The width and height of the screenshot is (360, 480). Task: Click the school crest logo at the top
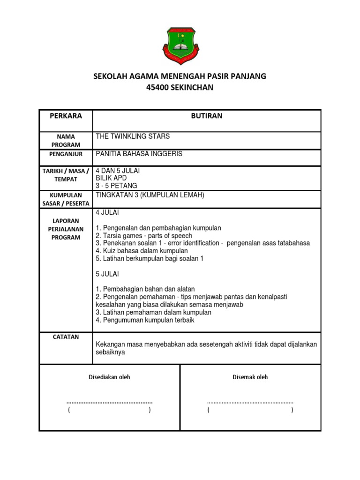point(180,46)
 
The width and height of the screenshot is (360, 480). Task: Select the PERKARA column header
point(66,116)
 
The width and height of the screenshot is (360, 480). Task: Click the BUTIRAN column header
point(207,116)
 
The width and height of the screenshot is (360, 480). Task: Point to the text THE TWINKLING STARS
point(133,136)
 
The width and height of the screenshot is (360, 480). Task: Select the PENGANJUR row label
point(66,154)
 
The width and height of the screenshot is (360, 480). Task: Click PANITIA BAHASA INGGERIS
point(139,154)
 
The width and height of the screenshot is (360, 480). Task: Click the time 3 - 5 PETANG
point(116,186)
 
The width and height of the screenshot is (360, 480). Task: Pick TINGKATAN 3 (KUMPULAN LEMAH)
point(150,195)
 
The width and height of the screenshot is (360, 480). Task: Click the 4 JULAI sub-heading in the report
point(107,212)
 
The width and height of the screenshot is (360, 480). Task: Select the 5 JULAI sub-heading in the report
point(107,274)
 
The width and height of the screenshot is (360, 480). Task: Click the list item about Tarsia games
point(144,236)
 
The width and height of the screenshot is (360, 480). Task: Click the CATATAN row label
point(66,337)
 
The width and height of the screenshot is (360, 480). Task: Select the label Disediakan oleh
point(110,377)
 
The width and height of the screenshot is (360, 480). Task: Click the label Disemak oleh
point(250,377)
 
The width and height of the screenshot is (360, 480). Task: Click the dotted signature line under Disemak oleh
point(250,402)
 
